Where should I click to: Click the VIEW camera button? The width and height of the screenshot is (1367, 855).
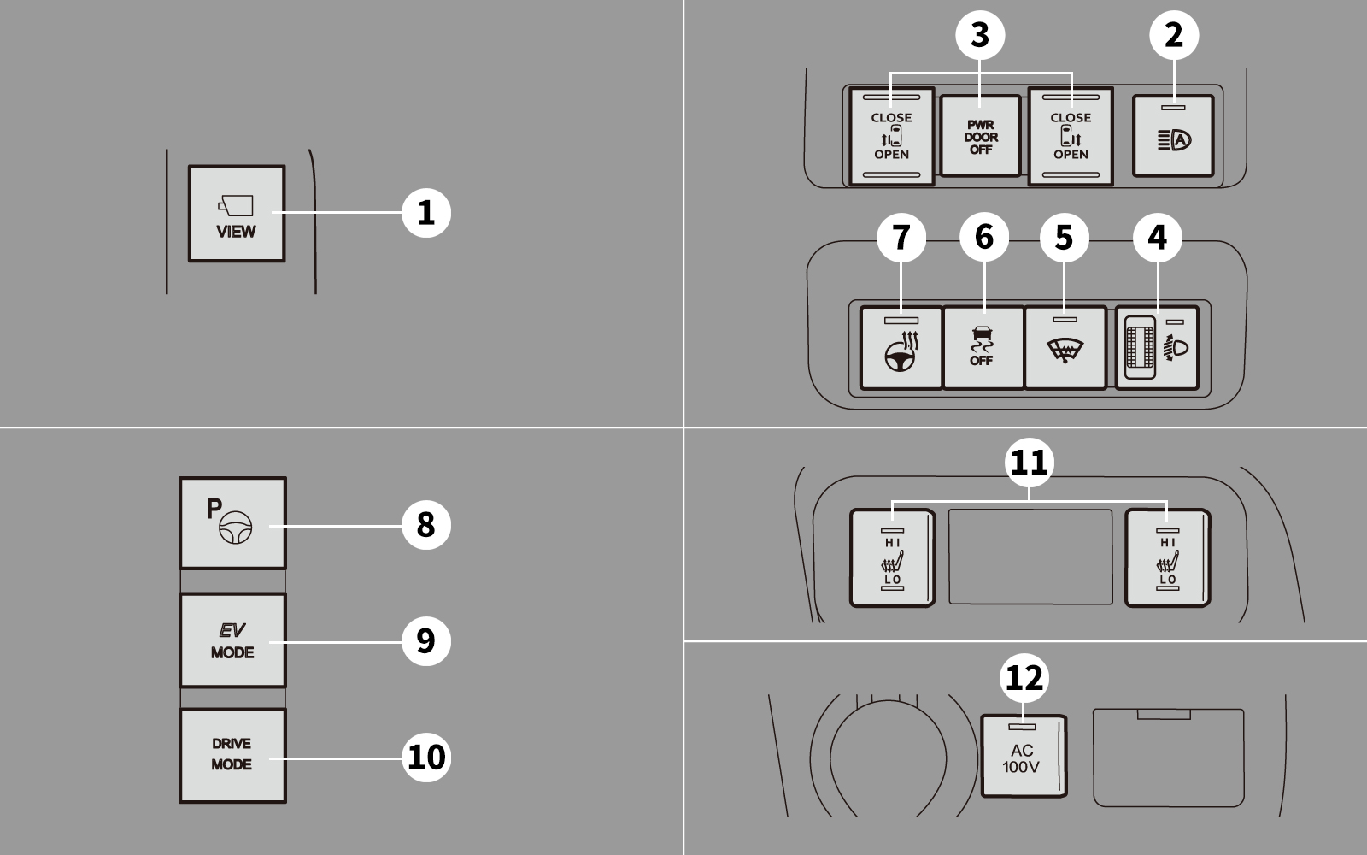pyautogui.click(x=237, y=214)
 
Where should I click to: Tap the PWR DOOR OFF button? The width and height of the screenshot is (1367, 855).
pyautogui.click(x=980, y=136)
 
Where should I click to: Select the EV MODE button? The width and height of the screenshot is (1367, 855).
pyautogui.click(x=232, y=640)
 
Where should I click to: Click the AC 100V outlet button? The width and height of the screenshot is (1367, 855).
pyautogui.click(x=1024, y=756)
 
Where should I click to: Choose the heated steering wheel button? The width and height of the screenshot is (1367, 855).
pyautogui.click(x=901, y=347)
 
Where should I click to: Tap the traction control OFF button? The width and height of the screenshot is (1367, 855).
pyautogui.click(x=983, y=347)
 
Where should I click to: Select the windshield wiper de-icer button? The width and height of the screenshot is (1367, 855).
pyautogui.click(x=1065, y=347)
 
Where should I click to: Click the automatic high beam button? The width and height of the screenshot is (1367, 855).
pyautogui.click(x=1173, y=136)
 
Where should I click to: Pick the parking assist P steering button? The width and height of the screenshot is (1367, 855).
pyautogui.click(x=232, y=522)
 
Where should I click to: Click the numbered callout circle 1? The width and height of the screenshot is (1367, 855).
pyautogui.click(x=426, y=213)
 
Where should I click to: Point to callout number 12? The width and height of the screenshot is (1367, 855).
pyautogui.click(x=1024, y=678)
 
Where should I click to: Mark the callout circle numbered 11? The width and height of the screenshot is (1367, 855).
pyautogui.click(x=1029, y=463)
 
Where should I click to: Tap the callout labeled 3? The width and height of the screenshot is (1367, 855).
pyautogui.click(x=980, y=35)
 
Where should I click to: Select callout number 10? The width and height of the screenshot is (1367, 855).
pyautogui.click(x=426, y=758)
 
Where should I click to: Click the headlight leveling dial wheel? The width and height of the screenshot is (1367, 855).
pyautogui.click(x=1140, y=347)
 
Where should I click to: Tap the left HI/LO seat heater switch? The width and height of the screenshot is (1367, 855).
pyautogui.click(x=892, y=557)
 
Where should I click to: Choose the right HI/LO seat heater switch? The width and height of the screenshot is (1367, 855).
pyautogui.click(x=1167, y=557)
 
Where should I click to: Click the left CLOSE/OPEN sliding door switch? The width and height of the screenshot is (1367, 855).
pyautogui.click(x=892, y=136)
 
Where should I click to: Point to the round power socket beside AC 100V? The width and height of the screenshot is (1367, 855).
pyautogui.click(x=888, y=758)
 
